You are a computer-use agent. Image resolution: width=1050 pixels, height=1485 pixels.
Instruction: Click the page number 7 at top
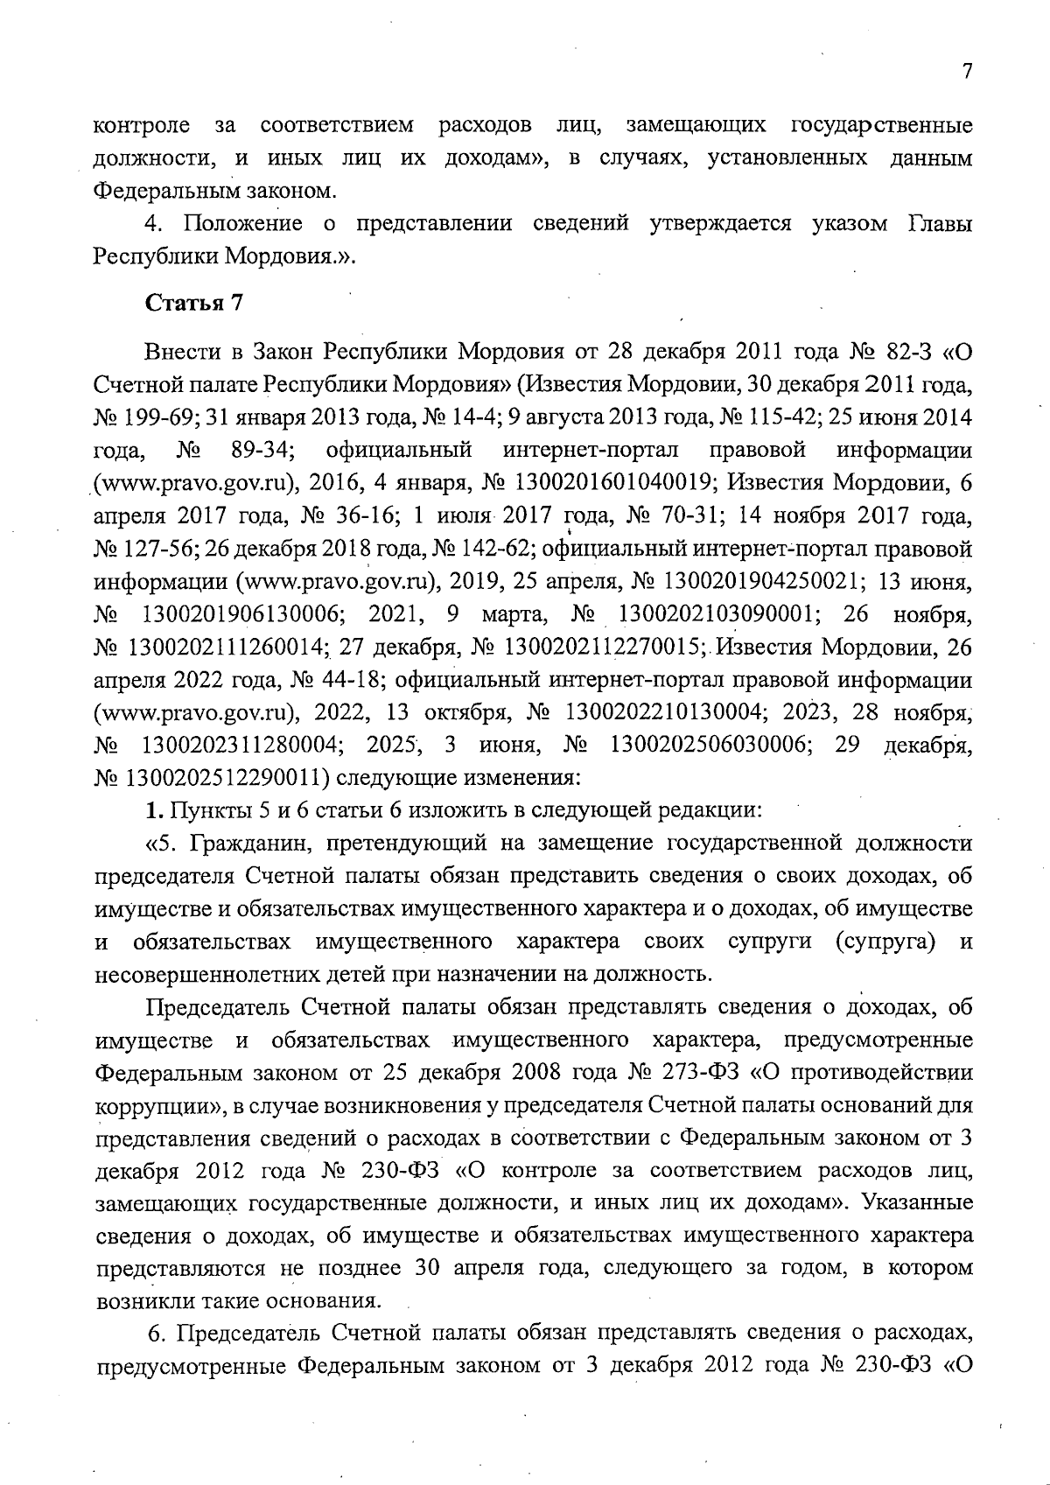(x=967, y=73)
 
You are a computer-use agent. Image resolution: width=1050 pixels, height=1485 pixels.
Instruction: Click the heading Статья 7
(x=193, y=304)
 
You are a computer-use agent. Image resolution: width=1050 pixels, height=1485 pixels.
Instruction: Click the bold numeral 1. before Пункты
(x=155, y=811)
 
